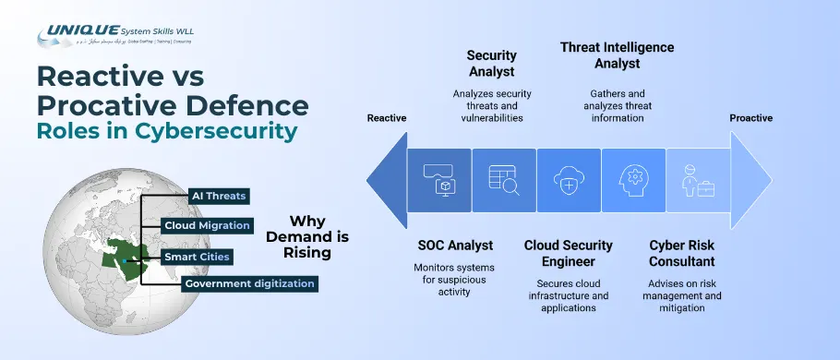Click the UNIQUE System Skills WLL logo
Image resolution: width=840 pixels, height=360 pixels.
[x=114, y=36]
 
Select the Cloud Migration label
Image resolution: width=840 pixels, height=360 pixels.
[x=207, y=225]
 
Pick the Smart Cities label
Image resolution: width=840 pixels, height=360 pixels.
[x=197, y=256]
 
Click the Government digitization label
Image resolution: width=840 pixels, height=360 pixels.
[x=250, y=284]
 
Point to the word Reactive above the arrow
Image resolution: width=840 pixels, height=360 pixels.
[x=387, y=118]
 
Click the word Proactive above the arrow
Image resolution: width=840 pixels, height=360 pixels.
[x=750, y=118]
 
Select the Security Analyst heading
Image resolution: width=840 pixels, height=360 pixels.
[x=491, y=63]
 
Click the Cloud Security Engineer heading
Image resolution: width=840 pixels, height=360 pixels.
[x=568, y=253]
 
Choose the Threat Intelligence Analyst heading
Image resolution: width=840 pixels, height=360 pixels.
[x=618, y=55]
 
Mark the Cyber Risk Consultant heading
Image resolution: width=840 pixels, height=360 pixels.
[x=682, y=253]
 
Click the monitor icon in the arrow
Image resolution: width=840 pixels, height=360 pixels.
[x=438, y=178]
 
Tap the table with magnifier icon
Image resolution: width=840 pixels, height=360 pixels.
[x=503, y=178]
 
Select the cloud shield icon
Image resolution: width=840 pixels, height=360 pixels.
[x=568, y=178]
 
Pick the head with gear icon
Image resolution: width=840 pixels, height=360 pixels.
[x=633, y=178]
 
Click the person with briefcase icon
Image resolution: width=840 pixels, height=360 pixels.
[x=697, y=178]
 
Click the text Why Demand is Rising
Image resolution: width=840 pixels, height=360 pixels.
[x=301, y=236]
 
